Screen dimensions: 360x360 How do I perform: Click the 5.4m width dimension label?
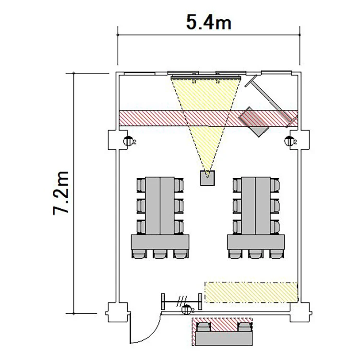pos(208,22)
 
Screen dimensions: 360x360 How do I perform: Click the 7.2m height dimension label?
pos(61,193)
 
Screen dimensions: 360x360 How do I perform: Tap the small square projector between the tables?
pos(207,178)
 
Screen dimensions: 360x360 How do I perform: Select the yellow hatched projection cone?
pos(206,115)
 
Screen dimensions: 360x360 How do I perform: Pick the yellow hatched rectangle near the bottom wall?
pos(251,292)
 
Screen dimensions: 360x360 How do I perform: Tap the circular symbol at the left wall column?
pos(128,141)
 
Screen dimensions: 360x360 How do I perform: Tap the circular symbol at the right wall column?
pos(289,141)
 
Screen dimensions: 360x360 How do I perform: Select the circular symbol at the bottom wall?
pos(186,310)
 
